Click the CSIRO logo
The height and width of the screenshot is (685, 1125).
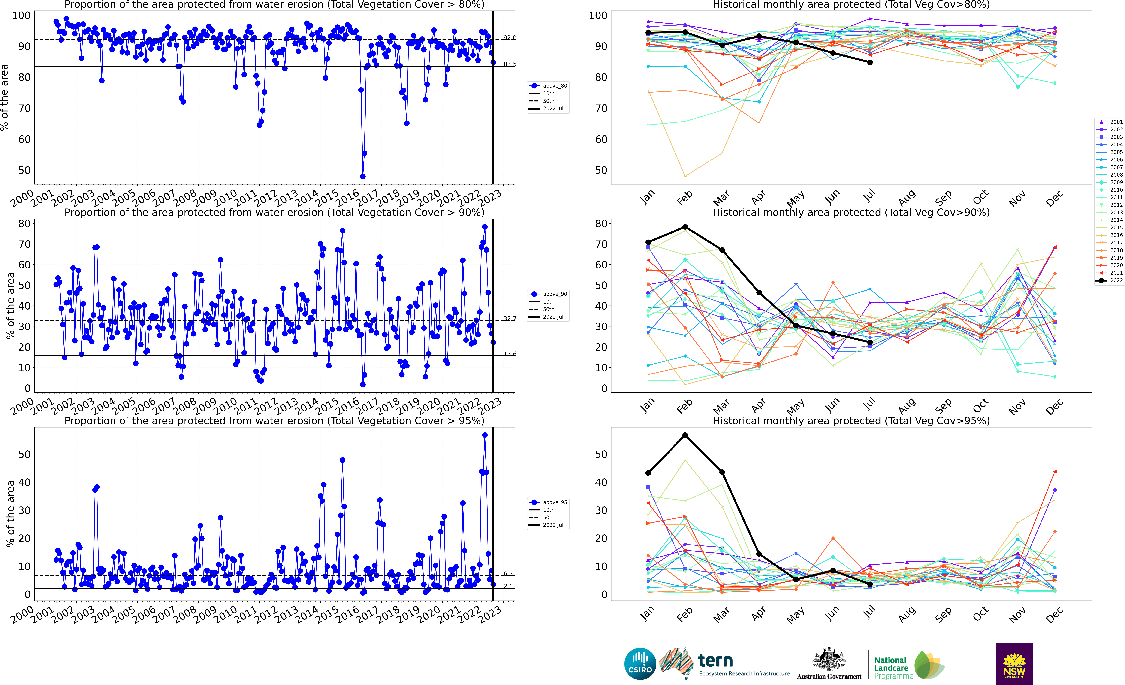coord(640,664)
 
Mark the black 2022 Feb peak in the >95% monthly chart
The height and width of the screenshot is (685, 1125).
coord(685,435)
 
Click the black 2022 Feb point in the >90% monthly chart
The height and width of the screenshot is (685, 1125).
coord(685,227)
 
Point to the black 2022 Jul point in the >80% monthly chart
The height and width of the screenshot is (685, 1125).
coord(870,63)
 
